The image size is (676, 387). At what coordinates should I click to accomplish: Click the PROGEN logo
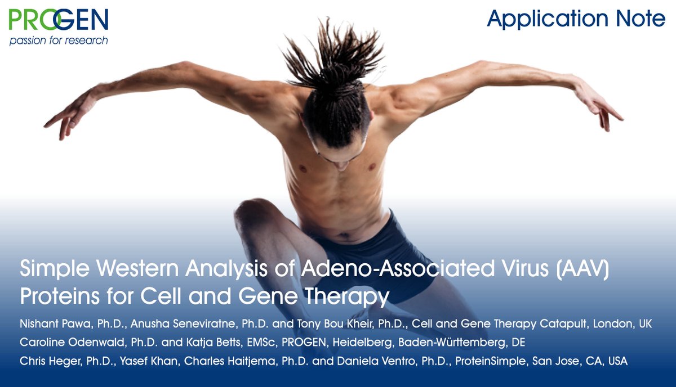(x=59, y=21)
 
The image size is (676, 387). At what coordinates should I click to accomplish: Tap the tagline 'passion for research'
(x=59, y=40)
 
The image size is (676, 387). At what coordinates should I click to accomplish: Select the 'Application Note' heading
(x=576, y=19)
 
